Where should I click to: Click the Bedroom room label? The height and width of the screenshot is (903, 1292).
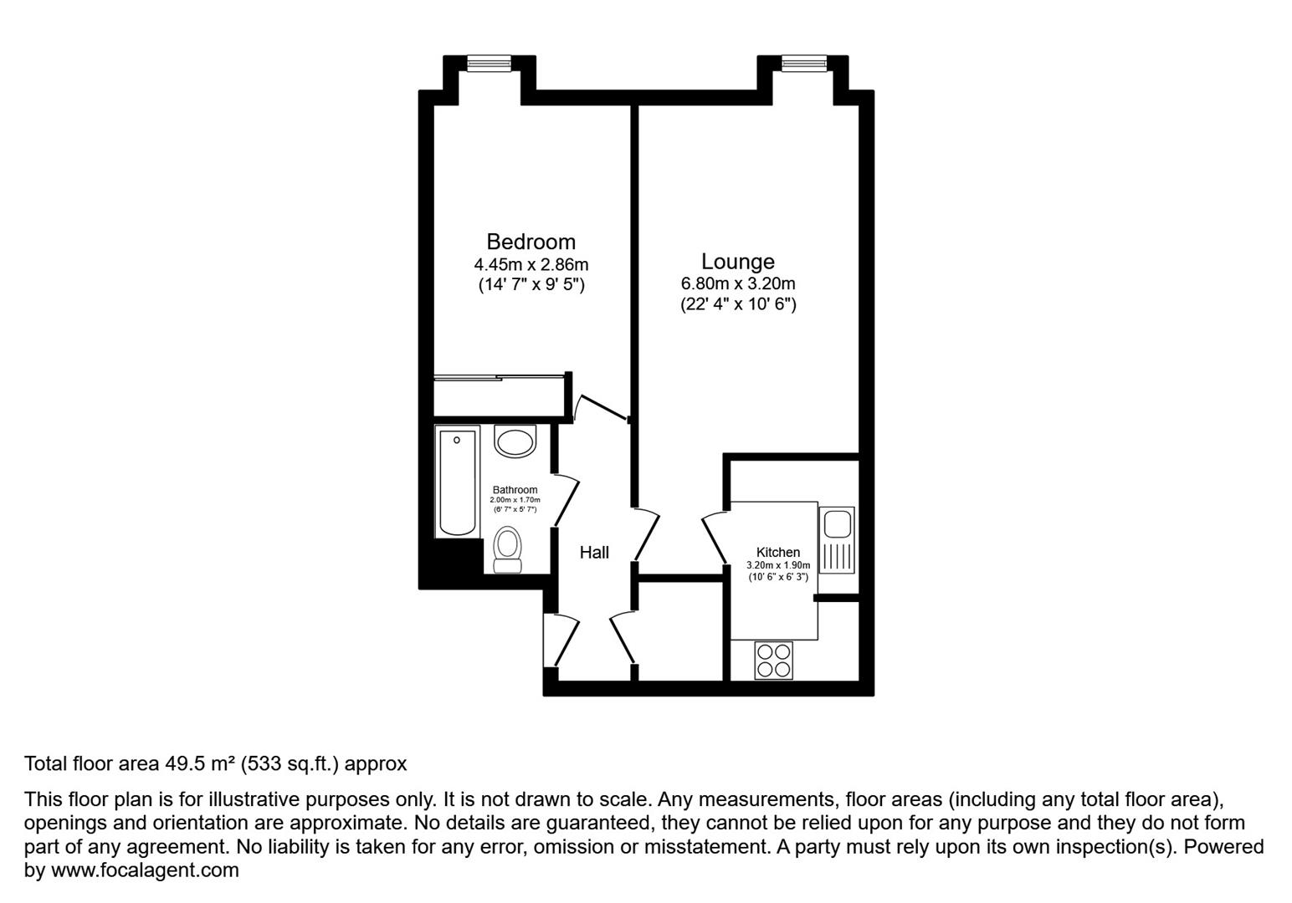click(531, 242)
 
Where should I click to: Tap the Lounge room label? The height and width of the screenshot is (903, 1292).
click(737, 261)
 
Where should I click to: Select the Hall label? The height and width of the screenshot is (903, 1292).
click(594, 552)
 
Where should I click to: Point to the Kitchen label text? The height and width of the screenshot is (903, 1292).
click(777, 552)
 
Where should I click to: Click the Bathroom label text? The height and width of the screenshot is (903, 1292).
click(515, 490)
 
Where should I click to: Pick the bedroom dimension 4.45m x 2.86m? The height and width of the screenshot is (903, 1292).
click(531, 264)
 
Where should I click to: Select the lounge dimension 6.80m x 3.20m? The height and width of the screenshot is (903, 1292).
click(737, 283)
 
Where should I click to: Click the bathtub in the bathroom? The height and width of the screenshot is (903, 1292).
click(458, 482)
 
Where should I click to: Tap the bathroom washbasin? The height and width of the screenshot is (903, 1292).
click(515, 441)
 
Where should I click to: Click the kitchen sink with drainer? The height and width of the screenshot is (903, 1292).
click(837, 539)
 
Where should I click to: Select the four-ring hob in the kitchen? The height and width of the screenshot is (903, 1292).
click(774, 659)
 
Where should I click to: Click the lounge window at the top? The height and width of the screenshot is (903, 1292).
click(802, 64)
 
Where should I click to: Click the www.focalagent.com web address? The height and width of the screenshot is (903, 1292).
click(145, 870)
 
